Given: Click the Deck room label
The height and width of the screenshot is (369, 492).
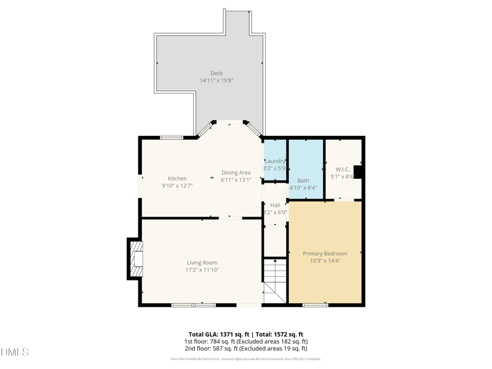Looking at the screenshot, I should point(216,73).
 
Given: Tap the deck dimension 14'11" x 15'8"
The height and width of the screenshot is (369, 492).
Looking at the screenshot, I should point(216,81).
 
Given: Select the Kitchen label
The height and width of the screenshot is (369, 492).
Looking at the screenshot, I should point(177,178).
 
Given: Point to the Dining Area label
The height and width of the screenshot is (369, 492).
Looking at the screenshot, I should point(236,173).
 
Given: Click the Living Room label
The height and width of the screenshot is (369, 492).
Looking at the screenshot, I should point(202,263).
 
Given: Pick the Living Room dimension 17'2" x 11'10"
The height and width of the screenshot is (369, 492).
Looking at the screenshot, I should point(202,270).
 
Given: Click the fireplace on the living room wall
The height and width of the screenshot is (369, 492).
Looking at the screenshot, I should point(136,259).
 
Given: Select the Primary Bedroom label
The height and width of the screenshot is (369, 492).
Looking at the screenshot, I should point(325,253).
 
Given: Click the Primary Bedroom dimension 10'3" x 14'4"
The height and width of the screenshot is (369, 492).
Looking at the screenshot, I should point(325,261).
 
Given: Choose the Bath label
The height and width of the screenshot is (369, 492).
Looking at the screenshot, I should point(303,181).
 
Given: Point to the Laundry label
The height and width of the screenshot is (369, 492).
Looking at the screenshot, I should point(275,161).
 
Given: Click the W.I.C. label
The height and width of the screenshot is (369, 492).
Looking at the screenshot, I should point(343,169).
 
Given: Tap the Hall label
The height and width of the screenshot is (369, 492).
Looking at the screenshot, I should point(275,205).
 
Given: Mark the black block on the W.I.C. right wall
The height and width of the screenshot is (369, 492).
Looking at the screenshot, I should point(358,172).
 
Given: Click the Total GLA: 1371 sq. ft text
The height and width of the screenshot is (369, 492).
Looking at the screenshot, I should point(218,334).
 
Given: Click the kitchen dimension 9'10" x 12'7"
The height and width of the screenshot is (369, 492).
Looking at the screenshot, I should point(177,186).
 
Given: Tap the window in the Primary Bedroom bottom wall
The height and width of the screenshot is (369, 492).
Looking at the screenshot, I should point(315,305).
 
